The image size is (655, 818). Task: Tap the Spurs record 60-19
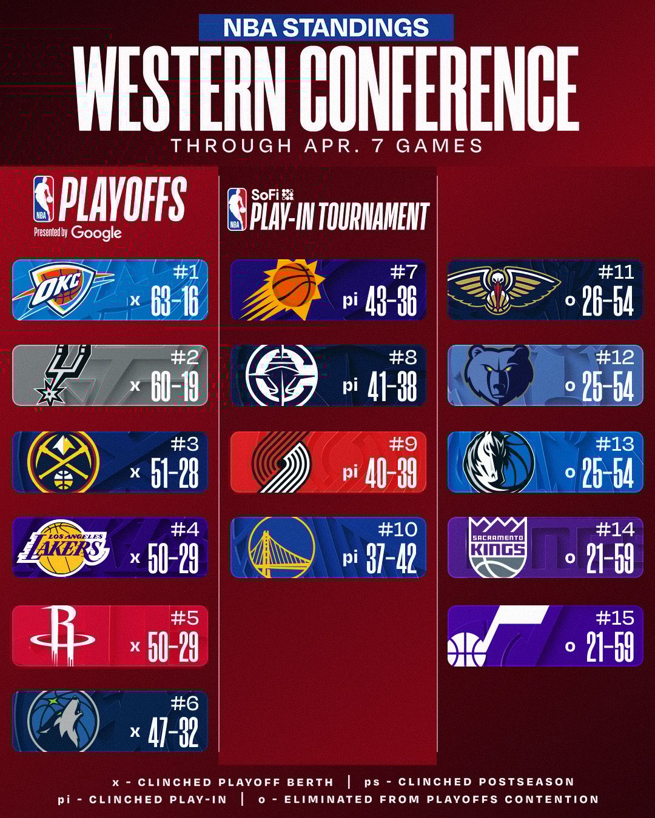(x=175, y=386)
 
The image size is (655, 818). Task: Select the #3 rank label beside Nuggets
(x=184, y=444)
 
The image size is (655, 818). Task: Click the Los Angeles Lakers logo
(x=63, y=548)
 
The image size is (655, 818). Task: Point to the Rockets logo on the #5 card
(x=63, y=635)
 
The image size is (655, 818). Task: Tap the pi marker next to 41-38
(x=350, y=386)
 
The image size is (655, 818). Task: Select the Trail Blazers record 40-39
(x=391, y=473)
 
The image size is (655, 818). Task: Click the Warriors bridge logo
(x=281, y=548)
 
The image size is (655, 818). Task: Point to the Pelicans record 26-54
(x=608, y=301)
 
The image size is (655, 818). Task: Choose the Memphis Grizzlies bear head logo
(x=498, y=375)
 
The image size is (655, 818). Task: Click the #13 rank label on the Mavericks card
(x=615, y=444)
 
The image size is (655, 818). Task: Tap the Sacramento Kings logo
(x=498, y=547)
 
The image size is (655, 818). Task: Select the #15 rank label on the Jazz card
(x=615, y=618)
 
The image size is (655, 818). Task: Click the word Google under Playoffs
(x=96, y=233)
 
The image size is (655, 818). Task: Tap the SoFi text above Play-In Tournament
(x=265, y=195)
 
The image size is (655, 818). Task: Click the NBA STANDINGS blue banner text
(x=326, y=27)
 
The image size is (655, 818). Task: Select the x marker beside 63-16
(x=135, y=301)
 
